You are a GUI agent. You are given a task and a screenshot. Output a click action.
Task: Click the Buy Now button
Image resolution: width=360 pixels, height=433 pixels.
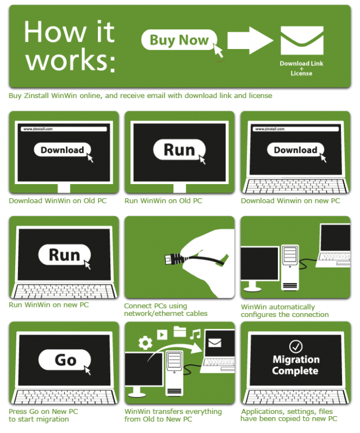click(x=179, y=40)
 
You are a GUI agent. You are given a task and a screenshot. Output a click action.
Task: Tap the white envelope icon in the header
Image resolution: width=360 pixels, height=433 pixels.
click(x=302, y=41)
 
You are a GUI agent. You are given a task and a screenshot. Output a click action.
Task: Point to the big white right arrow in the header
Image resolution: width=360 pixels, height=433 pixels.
click(x=250, y=41)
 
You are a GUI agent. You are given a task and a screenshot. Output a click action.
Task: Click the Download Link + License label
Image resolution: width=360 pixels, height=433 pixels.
click(x=301, y=68)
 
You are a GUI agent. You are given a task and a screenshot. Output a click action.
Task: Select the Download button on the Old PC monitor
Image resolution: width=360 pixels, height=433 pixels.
click(x=62, y=150)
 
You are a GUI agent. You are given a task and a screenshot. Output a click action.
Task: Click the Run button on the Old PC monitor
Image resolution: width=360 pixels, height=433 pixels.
click(x=179, y=150)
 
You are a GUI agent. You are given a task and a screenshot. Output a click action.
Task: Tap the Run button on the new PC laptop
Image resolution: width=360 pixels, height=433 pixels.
click(x=65, y=255)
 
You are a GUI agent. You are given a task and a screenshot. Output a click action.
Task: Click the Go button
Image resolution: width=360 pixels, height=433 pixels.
click(x=65, y=360)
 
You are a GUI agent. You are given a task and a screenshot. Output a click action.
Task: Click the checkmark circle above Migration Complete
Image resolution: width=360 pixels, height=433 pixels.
click(x=296, y=346)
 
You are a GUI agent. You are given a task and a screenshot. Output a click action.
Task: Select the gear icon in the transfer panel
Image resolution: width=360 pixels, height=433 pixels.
click(x=145, y=343)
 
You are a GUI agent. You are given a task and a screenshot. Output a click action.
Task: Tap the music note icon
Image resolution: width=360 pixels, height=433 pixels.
click(x=195, y=334)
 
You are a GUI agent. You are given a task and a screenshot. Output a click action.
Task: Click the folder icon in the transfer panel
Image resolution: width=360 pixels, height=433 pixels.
click(x=180, y=332)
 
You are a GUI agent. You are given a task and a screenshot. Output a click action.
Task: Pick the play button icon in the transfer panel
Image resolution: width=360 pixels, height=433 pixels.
click(x=162, y=334)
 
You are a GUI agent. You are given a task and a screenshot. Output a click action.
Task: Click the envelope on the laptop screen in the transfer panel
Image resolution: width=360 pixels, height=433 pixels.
click(x=215, y=343)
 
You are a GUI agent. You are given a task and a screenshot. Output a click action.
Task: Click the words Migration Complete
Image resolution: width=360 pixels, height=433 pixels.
click(x=296, y=365)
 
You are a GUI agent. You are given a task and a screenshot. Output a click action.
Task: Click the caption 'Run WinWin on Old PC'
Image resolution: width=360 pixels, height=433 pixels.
click(x=163, y=201)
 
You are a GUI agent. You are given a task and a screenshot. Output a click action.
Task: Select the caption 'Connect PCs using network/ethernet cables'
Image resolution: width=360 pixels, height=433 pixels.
click(x=165, y=310)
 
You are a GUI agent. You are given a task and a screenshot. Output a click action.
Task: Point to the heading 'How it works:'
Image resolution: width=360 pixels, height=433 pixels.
click(x=70, y=46)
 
